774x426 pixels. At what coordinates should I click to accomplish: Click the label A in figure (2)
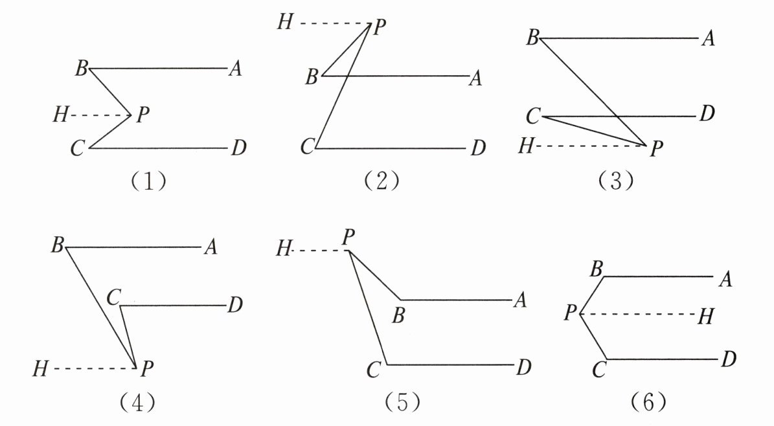coord(475,79)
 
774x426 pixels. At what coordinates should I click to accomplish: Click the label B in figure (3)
coord(532,38)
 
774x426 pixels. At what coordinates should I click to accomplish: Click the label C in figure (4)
coord(113,298)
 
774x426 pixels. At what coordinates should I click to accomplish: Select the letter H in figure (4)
coord(41,370)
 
